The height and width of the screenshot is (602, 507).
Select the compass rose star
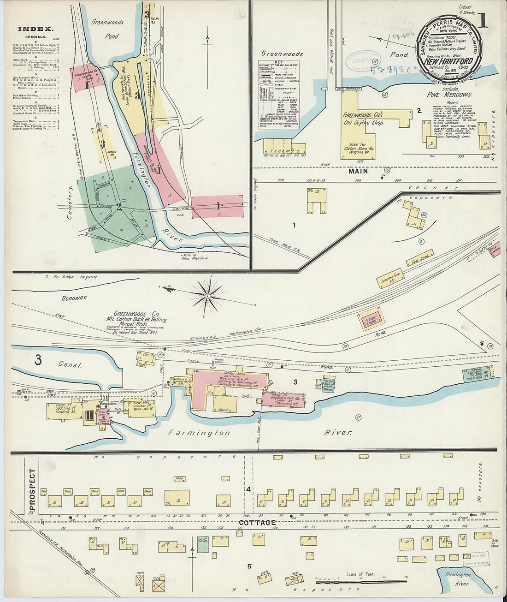207,294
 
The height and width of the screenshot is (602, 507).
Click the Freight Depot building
371,321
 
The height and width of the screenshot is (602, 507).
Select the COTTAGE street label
257,523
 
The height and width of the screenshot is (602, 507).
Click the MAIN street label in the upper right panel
358,171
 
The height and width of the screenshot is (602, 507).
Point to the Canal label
70,365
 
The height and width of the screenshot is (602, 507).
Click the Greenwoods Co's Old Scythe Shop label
363,119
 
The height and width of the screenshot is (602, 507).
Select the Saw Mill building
141,408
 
